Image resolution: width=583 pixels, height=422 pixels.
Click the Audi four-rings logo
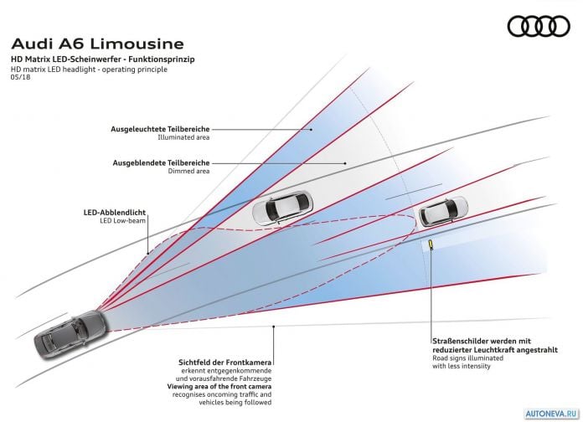539,26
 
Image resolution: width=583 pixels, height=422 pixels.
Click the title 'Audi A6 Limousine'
98,44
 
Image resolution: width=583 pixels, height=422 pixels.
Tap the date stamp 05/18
21,77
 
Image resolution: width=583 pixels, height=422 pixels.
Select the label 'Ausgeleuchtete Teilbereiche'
160,129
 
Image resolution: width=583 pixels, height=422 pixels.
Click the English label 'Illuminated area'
183,137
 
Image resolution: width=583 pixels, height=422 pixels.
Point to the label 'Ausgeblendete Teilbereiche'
162,162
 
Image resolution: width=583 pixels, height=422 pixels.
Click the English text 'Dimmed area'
188,171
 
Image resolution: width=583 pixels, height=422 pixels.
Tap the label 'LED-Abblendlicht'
115,213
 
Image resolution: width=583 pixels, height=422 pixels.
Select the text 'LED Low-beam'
122,220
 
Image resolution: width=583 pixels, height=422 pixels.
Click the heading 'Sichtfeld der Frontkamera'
225,363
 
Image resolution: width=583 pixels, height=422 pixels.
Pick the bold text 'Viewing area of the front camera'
219,386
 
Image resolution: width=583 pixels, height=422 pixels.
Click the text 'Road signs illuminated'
467,358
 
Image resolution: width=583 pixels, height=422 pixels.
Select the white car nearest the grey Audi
283,208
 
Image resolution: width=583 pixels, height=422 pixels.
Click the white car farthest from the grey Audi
444,211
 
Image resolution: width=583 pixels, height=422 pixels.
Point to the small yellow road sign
431,244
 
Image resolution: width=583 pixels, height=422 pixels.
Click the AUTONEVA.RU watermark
552,414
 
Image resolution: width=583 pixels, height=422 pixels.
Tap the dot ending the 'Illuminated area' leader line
311,130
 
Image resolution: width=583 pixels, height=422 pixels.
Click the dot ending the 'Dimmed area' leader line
345,163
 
